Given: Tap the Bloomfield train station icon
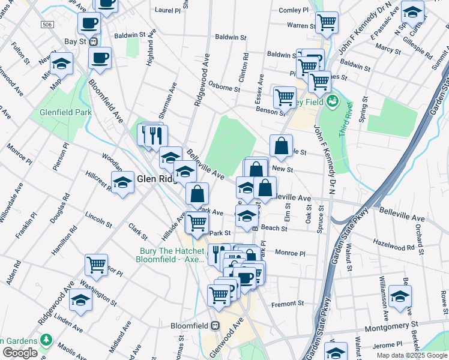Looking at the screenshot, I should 215,325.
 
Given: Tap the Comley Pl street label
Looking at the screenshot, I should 294,10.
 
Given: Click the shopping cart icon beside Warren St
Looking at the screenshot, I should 327,22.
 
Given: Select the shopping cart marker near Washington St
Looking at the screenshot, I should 97,264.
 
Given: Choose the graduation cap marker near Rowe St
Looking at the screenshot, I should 400,296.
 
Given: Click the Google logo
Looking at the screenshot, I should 20,353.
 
